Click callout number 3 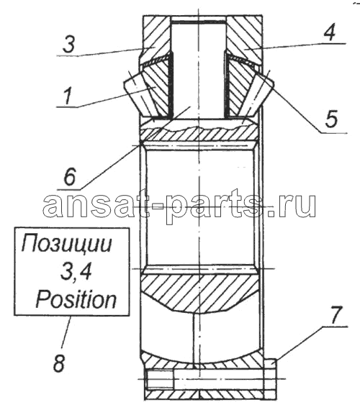(x=69, y=45)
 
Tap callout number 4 (x=329, y=32)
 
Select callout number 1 (x=67, y=96)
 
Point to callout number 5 (x=331, y=118)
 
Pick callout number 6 (x=70, y=176)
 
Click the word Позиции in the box (x=67, y=245)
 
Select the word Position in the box (x=76, y=299)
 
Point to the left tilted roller (x=140, y=94)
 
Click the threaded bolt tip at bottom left (x=159, y=379)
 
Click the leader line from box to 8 (x=66, y=332)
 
